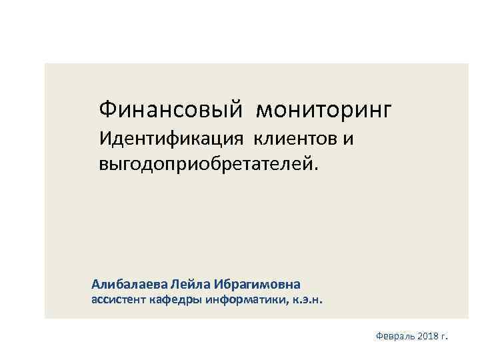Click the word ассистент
click(119, 300)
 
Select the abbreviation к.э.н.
click(307, 301)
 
